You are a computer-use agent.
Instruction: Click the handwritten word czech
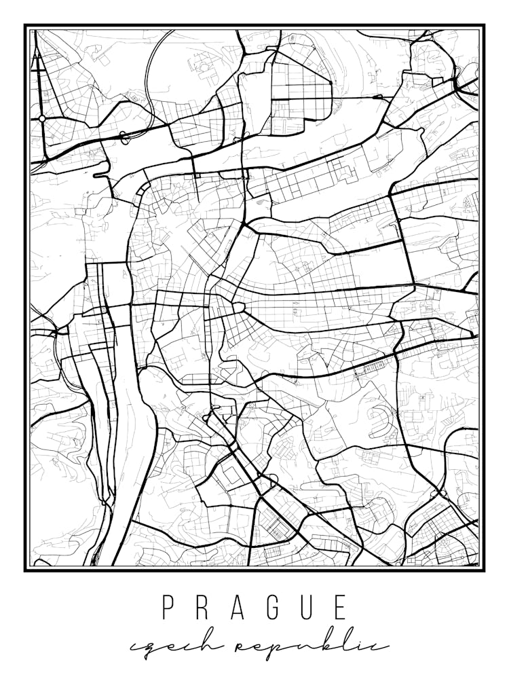[x=163, y=646]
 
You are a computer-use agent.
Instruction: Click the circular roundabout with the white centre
[x=42, y=118]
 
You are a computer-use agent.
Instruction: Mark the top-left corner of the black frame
[x=26, y=26]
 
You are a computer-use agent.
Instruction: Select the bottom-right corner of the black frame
[x=483, y=570]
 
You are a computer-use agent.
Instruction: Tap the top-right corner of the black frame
[x=483, y=26]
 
